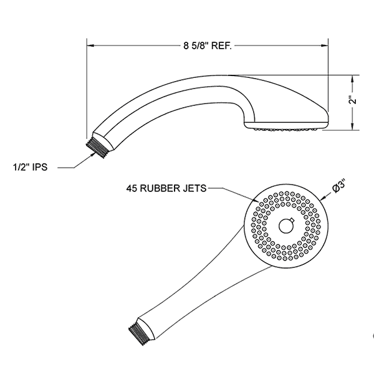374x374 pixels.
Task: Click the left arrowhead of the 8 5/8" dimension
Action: click(89, 45)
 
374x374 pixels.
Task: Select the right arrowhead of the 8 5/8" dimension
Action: click(327, 45)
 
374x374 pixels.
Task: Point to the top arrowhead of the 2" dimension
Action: click(353, 77)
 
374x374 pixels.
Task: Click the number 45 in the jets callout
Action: click(132, 186)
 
